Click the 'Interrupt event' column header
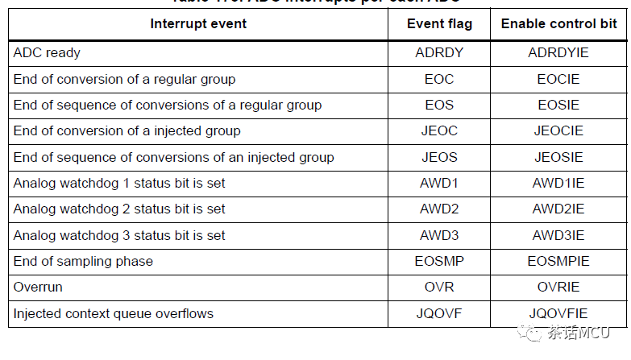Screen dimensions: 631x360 click(198, 23)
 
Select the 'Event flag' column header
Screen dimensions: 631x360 click(439, 23)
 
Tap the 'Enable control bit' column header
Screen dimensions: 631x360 click(558, 23)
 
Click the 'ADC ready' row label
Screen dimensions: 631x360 click(47, 53)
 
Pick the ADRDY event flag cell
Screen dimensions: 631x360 click(439, 53)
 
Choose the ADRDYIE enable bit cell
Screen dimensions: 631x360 click(558, 53)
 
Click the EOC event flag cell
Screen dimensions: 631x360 click(439, 79)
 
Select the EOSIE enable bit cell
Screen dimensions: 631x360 click(558, 105)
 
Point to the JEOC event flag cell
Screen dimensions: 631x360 click(439, 130)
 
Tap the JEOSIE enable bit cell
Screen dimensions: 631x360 click(558, 157)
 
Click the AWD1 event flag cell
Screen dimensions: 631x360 click(439, 183)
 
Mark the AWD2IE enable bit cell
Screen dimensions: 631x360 click(558, 209)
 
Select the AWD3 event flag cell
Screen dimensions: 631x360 click(439, 235)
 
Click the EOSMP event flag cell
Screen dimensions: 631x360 click(439, 261)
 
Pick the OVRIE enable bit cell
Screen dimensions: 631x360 click(558, 287)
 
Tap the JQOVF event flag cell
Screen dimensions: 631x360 click(439, 313)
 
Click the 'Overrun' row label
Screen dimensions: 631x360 click(38, 287)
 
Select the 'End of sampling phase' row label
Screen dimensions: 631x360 click(83, 261)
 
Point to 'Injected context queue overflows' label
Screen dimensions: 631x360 click(114, 313)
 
